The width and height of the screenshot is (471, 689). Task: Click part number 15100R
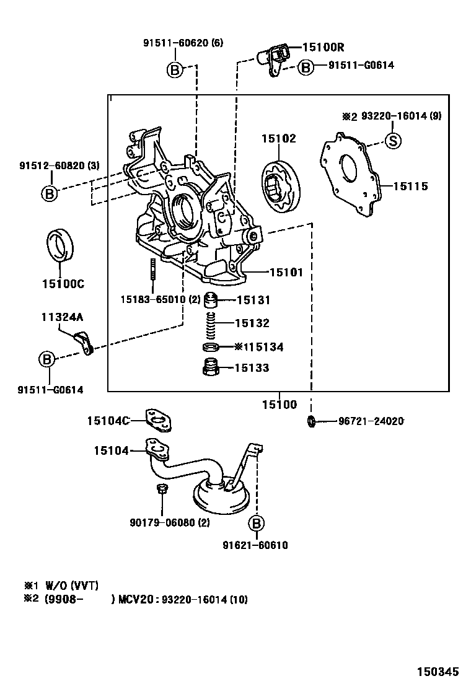tap(323, 46)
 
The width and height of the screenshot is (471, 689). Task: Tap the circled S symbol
tap(393, 141)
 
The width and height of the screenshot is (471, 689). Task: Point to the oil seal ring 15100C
tap(61, 246)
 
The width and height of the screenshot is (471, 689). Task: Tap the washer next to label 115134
tap(211, 346)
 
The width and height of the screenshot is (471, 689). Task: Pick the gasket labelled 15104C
tap(159, 421)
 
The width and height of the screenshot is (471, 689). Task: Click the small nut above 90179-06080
tap(161, 490)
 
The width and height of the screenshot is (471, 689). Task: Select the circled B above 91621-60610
tap(256, 524)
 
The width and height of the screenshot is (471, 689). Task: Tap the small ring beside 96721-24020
tap(311, 422)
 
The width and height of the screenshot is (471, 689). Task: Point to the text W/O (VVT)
tap(71, 585)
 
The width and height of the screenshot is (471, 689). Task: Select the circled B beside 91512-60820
tap(50, 193)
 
